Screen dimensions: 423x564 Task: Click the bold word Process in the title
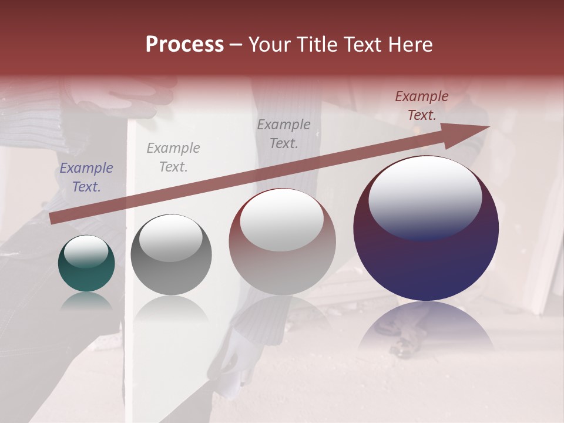coord(184,45)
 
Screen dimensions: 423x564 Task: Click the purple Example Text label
coord(86,177)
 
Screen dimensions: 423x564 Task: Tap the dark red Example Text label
coord(421,106)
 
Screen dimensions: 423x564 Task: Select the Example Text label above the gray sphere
coord(173,157)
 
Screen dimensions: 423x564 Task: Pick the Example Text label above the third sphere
coord(284,133)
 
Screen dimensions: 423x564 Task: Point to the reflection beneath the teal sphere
coord(86,301)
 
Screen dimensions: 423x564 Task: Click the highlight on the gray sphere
coord(170,238)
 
